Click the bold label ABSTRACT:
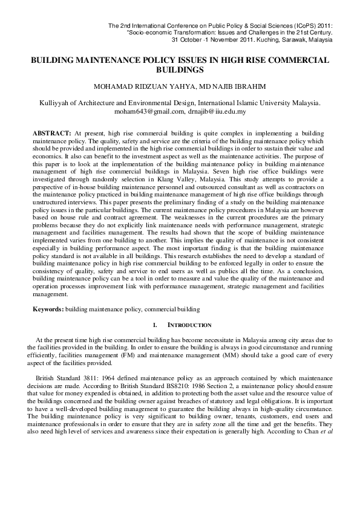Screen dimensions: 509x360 pyautogui.click(x=51, y=131)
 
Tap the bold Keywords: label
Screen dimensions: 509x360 pyautogui.click(x=48, y=309)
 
